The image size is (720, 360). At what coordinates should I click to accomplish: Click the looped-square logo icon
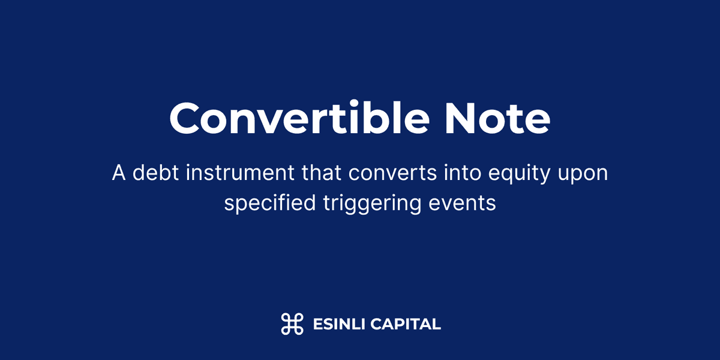[x=292, y=324]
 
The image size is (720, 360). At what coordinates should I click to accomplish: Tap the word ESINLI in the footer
[x=338, y=325]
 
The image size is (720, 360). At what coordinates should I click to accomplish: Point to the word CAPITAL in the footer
[x=406, y=325]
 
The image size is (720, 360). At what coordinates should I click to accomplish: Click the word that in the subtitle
[x=323, y=173]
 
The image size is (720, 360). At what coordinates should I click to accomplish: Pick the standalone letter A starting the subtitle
[x=118, y=173]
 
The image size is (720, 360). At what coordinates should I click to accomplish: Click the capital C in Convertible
[x=185, y=118]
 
